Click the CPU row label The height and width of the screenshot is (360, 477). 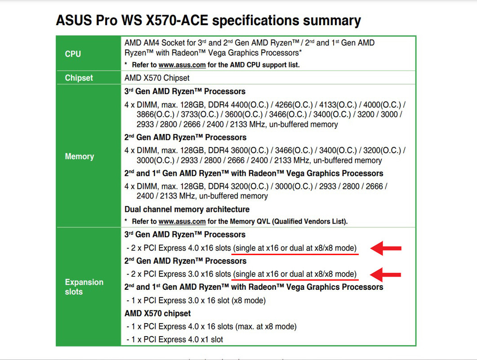(x=73, y=54)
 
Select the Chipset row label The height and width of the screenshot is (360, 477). (x=79, y=78)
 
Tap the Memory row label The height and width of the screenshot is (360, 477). (x=80, y=156)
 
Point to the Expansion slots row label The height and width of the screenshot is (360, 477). (x=84, y=287)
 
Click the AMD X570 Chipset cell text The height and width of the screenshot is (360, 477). (x=156, y=78)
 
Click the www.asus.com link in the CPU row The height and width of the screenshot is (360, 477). (x=182, y=65)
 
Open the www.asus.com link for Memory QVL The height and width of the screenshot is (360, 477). (x=182, y=221)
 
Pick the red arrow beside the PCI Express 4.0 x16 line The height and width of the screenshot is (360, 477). (x=386, y=248)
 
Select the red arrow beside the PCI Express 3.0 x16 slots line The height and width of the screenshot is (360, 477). (x=385, y=274)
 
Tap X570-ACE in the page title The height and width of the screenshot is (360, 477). (x=177, y=20)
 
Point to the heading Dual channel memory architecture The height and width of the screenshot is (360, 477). (x=187, y=209)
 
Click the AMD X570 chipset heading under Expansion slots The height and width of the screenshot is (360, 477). (x=158, y=313)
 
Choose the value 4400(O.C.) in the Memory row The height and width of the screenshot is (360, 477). (x=250, y=105)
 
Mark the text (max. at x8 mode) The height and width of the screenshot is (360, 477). (x=266, y=327)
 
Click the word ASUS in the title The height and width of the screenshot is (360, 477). (x=74, y=20)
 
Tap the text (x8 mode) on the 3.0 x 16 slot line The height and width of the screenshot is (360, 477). (x=249, y=301)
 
